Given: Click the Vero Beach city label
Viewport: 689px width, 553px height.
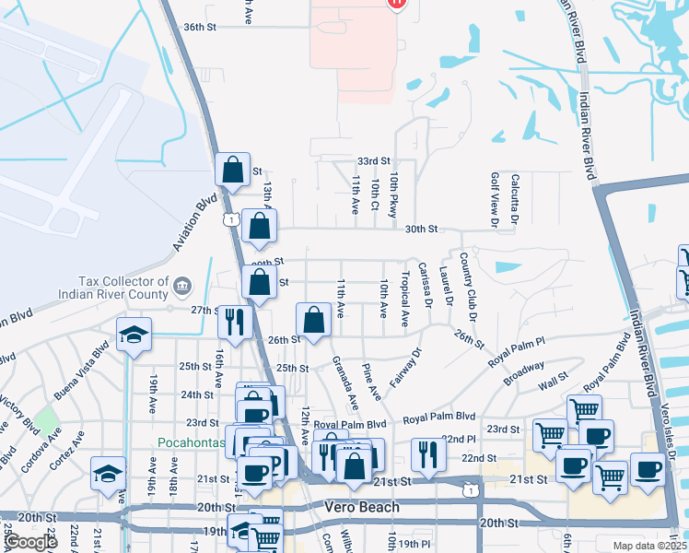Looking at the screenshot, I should tap(362, 507).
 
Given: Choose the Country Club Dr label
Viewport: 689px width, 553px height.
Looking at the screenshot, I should tap(469, 285).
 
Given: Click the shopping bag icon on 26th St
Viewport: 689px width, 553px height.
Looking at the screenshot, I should tap(314, 321).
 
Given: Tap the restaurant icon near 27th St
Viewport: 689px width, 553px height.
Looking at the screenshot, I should tap(234, 321).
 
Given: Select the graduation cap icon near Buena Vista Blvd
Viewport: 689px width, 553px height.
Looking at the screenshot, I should tap(134, 335).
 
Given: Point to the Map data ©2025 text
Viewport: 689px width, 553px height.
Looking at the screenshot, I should tap(648, 546).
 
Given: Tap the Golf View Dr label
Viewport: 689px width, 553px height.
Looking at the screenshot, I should tap(495, 199).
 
